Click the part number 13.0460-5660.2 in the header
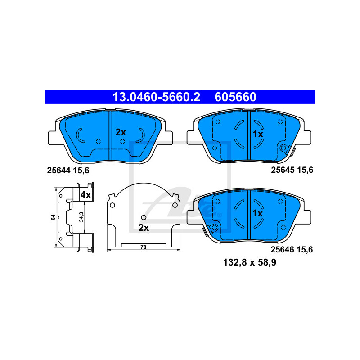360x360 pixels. [156, 97]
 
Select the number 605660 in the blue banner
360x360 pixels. [235, 97]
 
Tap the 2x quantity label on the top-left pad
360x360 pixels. [121, 132]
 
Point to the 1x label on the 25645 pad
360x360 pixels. [258, 134]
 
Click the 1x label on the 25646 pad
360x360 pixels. [257, 213]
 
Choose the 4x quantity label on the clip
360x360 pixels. [85, 195]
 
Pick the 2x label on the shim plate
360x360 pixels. [144, 228]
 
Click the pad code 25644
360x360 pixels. [58, 171]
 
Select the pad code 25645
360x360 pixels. [283, 170]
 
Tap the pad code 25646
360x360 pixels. [282, 249]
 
